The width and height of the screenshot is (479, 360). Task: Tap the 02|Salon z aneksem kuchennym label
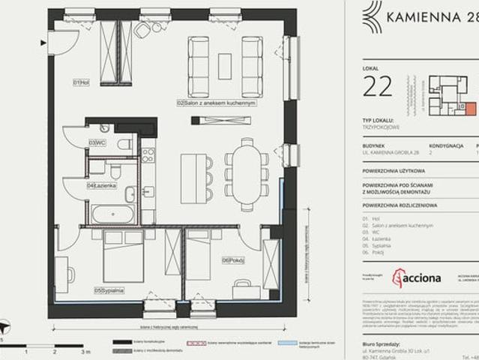(x=217, y=101)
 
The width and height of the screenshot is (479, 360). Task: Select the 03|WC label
(x=96, y=142)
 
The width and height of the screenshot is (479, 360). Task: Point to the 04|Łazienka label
(x=100, y=184)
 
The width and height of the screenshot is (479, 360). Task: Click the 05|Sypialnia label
(x=109, y=289)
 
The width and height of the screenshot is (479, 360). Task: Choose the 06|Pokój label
(x=230, y=260)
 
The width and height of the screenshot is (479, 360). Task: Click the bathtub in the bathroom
(x=113, y=214)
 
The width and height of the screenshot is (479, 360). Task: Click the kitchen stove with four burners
(x=148, y=155)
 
